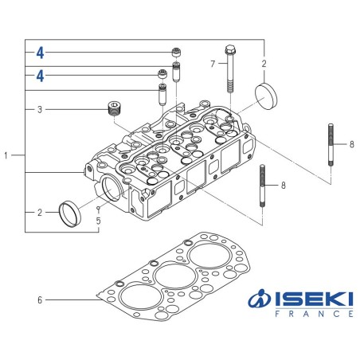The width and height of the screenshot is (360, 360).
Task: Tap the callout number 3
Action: pyautogui.click(x=39, y=108)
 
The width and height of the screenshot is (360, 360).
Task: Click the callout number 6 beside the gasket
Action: pyautogui.click(x=39, y=300)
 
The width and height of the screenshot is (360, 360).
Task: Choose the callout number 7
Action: pyautogui.click(x=213, y=63)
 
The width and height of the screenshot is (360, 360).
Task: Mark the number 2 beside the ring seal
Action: pyautogui.click(x=39, y=213)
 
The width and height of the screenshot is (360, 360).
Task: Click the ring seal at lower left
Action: pyautogui.click(x=74, y=213)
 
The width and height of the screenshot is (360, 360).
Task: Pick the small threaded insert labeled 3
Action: pyautogui.click(x=115, y=108)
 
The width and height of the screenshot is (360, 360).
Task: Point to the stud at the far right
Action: pyautogui.click(x=330, y=144)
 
